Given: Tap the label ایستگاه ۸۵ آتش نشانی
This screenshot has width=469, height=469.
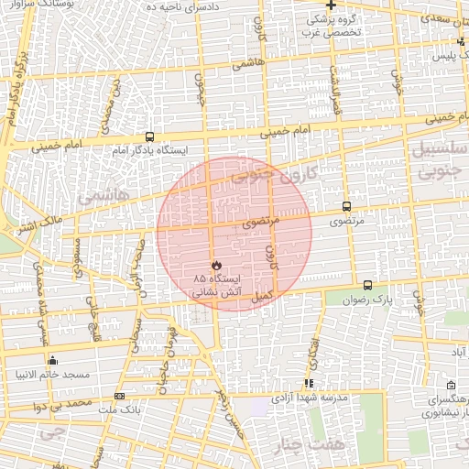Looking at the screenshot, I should coord(216,284).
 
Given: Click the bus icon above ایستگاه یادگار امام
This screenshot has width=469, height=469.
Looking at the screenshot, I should coord(149,136).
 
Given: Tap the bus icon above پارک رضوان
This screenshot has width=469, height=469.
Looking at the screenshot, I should coord(367,286).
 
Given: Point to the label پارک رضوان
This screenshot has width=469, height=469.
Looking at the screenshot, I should coord(367,300).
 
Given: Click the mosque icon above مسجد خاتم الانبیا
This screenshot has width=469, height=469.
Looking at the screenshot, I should coord(51,361).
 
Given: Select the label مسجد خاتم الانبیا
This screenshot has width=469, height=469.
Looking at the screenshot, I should coord(51,375).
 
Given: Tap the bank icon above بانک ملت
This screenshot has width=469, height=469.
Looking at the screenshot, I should coord(119,396).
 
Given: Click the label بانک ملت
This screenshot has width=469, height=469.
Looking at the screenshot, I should coord(119,409).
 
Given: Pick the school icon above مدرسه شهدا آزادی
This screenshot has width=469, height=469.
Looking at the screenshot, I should coord(309,383).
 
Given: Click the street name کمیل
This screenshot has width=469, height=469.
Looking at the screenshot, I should coord(264,295).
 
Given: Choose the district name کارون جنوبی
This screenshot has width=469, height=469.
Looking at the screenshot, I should coord(265,172).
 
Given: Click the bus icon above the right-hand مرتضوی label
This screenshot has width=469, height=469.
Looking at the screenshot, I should coord(346,207).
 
